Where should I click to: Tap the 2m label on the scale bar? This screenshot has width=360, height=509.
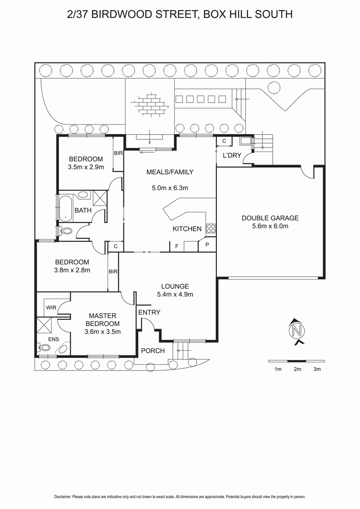pos(297,369)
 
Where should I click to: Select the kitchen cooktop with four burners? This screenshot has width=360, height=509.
pos(211,228)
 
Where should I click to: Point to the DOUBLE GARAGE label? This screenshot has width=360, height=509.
pos(270,218)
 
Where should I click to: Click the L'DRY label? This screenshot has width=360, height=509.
pos(232,156)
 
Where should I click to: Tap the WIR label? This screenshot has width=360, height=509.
pos(51,308)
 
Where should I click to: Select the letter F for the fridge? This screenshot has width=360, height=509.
pos(177,246)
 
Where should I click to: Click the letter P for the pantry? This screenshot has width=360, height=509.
pos(207,245)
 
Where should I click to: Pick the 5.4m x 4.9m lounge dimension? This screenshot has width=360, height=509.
pos(175,295)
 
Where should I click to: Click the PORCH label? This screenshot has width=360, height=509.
pos(153,351)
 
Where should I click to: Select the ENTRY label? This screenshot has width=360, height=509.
pos(149,313)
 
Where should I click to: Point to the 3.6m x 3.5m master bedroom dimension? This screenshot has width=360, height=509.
pos(102,332)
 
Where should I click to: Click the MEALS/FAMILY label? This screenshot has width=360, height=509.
pos(170,172)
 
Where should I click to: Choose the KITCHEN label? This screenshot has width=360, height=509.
pos(187,229)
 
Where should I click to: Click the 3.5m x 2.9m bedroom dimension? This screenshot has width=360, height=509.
pos(86,167)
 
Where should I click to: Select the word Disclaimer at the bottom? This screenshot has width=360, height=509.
pos(63,497)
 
